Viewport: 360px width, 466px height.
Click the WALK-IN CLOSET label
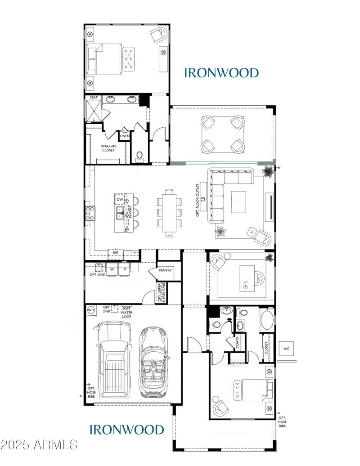108,148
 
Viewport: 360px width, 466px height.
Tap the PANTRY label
165,270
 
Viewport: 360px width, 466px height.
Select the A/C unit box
286,349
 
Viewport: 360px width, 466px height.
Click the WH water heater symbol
91,309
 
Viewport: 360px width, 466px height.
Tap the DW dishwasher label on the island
120,199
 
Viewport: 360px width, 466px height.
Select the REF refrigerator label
116,253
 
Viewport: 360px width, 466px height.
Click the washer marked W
112,270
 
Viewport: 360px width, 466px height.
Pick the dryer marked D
124,270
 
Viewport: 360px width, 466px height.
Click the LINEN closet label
125,135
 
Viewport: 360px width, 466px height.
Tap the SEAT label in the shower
94,98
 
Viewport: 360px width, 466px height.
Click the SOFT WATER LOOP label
126,312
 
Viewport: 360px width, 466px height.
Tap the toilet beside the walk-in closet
139,156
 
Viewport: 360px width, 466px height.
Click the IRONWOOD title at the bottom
127,430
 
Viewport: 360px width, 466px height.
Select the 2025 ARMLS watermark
39,445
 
